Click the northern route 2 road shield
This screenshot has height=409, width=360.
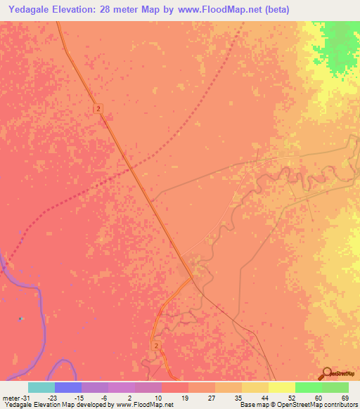[99, 108]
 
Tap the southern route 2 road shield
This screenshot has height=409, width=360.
[155, 346]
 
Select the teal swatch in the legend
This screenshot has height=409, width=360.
[41, 387]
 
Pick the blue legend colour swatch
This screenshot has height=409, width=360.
[68, 387]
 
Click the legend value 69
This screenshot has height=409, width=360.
[345, 398]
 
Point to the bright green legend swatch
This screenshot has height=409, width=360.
[309, 387]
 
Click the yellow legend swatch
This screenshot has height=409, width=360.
[282, 387]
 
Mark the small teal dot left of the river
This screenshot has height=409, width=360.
[20, 318]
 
